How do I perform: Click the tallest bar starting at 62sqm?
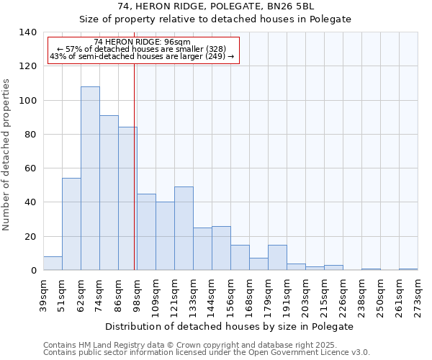pos(90,179)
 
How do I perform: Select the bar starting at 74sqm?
pos(109,193)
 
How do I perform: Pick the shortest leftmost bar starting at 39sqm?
pos(53,264)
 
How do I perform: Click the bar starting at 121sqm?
pos(184,228)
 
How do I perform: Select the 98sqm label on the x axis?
pos(137,294)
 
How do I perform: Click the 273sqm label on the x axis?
pos(418,294)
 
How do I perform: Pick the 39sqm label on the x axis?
pos(43,294)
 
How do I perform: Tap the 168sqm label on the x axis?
pos(249,294)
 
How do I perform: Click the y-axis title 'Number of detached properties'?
pos(7,155)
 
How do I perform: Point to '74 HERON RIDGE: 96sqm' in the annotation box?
pos(142,42)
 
